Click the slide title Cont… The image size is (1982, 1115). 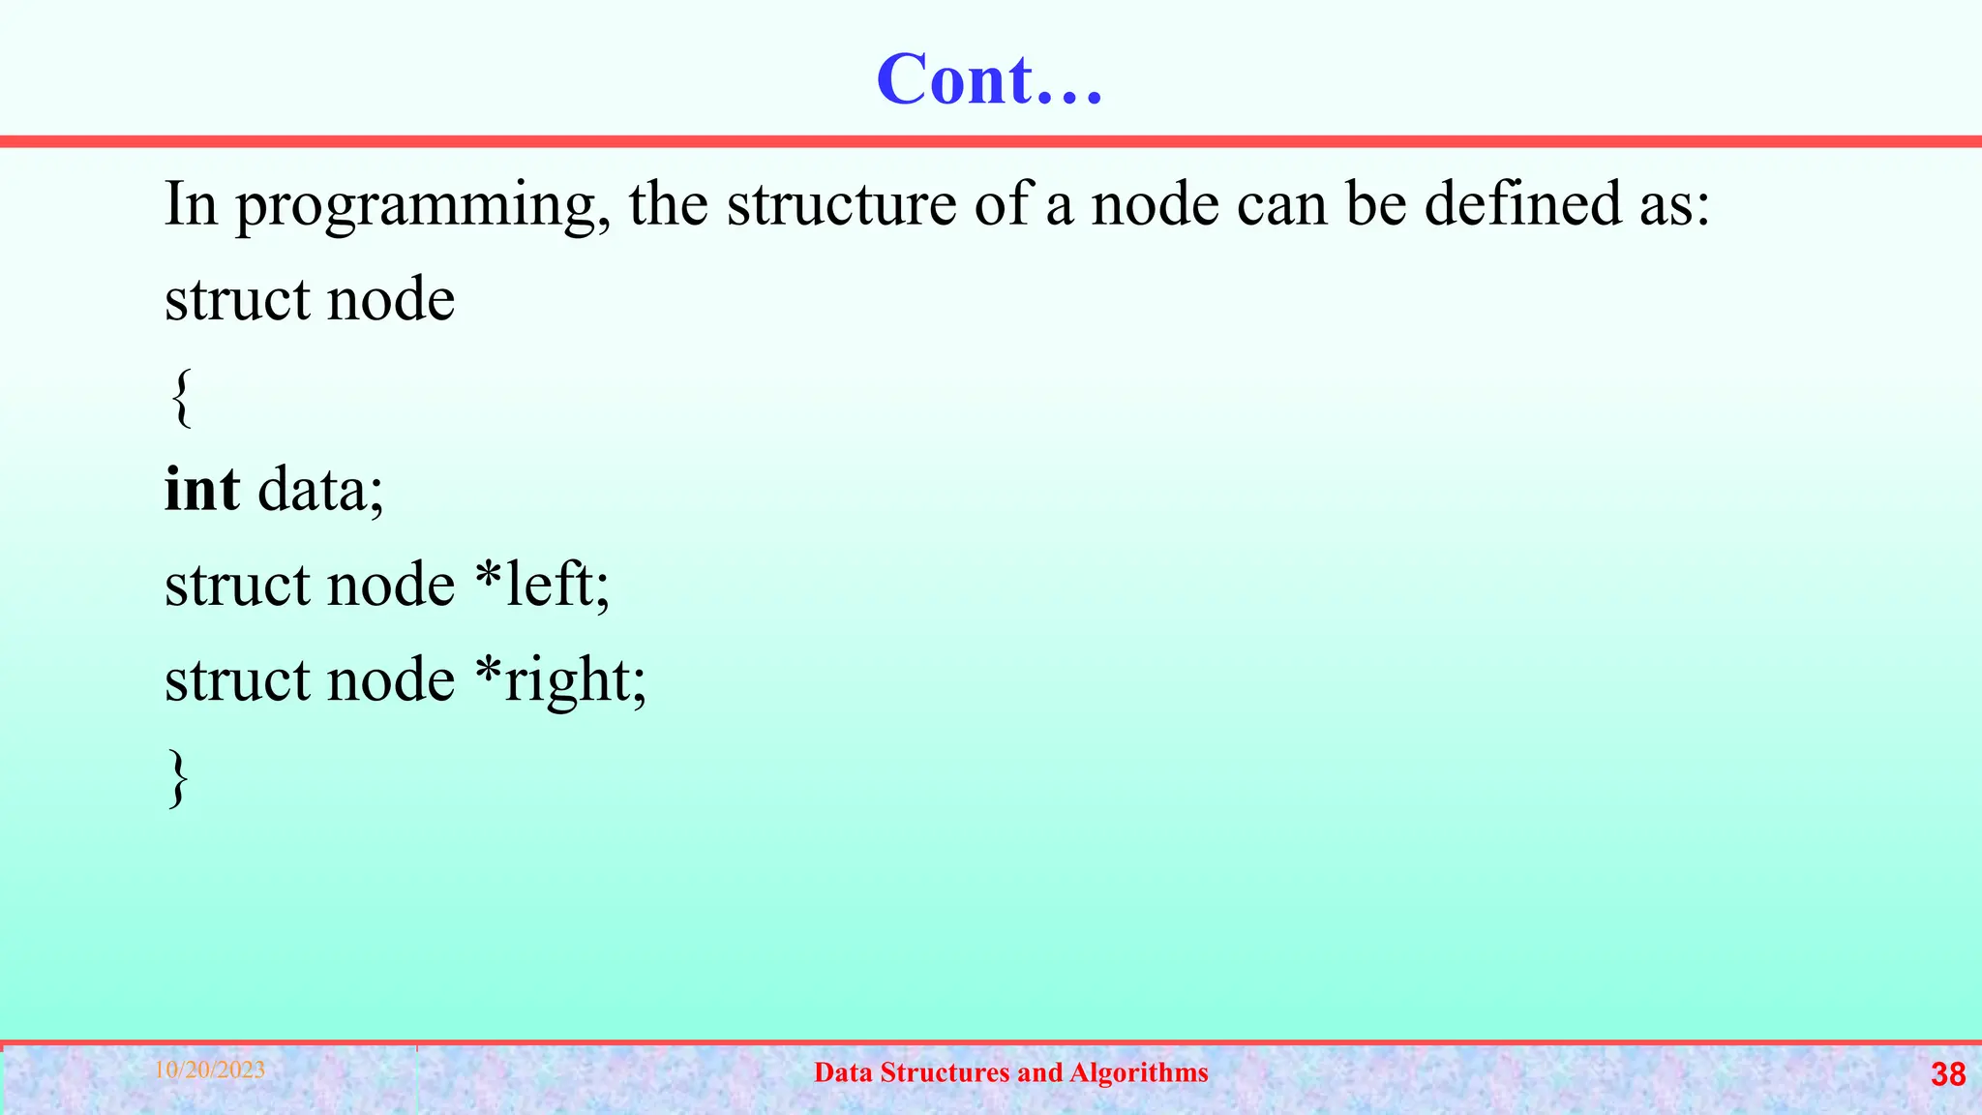(x=989, y=79)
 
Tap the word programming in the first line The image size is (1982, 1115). (x=423, y=205)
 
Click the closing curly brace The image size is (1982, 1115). (x=178, y=776)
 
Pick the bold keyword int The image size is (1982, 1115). (x=202, y=489)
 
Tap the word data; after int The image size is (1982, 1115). (x=320, y=489)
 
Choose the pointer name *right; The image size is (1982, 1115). (x=560, y=680)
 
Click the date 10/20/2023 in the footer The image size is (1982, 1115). (x=210, y=1070)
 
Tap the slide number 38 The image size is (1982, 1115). (x=1948, y=1074)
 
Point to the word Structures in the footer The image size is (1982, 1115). (x=945, y=1072)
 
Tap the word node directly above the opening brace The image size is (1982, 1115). (x=391, y=300)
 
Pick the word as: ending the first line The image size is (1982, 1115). (x=1674, y=205)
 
